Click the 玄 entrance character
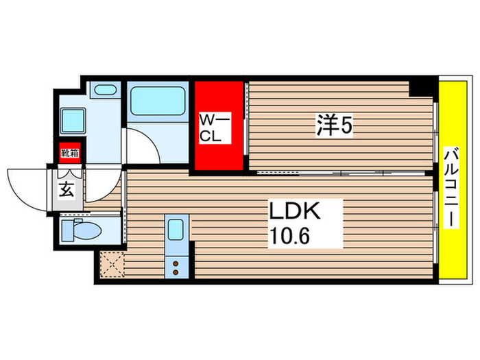65,190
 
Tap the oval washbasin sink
105,89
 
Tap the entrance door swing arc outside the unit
26,185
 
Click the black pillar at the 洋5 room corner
419,88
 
